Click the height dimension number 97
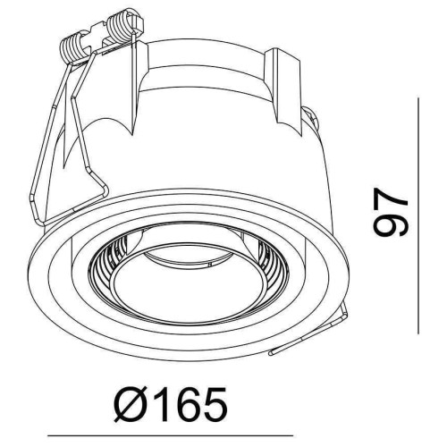pyautogui.click(x=390, y=212)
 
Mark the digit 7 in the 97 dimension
pyautogui.click(x=390, y=199)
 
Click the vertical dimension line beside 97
pyautogui.click(x=418, y=215)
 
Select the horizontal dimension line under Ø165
pyautogui.click(x=170, y=436)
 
